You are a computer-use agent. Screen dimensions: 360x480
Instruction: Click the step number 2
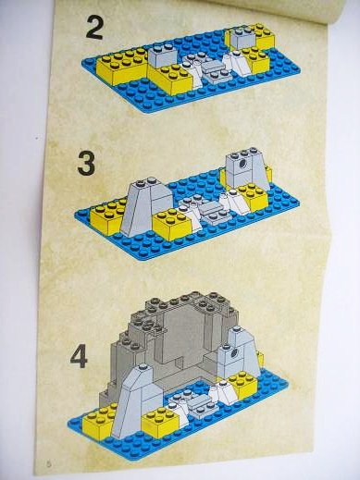(94, 28)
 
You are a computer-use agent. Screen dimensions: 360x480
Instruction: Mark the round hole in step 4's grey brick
(234, 352)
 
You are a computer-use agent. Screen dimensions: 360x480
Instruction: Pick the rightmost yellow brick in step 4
(243, 384)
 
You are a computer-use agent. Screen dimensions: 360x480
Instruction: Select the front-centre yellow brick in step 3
(173, 224)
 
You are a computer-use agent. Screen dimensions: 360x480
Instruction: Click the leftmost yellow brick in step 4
(99, 419)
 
